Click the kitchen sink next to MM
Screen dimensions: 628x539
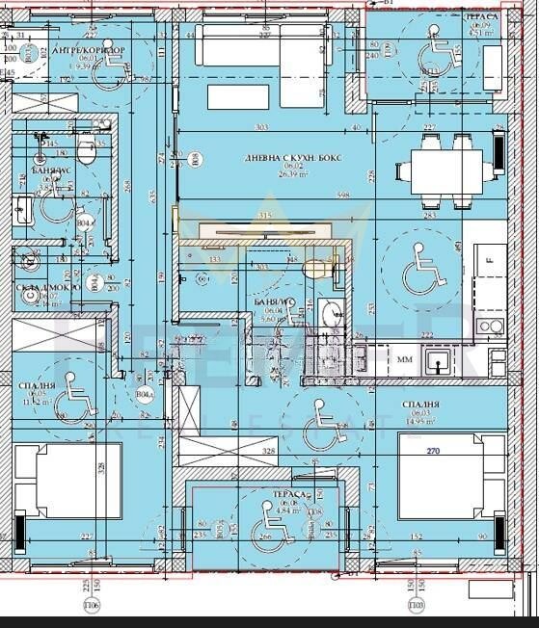438,363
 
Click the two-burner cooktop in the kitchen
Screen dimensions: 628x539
491,327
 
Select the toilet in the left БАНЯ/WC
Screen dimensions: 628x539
86,152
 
